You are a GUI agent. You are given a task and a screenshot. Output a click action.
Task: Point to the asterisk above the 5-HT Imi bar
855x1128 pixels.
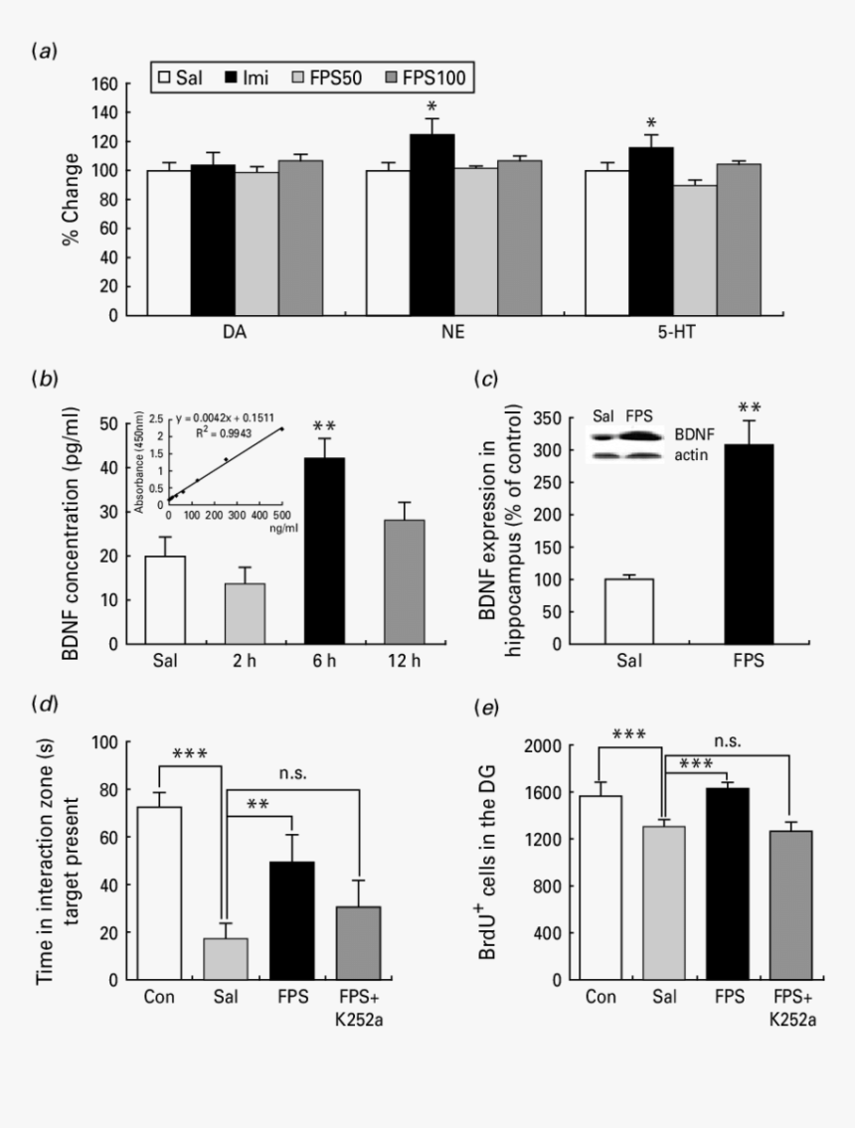(650, 123)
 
